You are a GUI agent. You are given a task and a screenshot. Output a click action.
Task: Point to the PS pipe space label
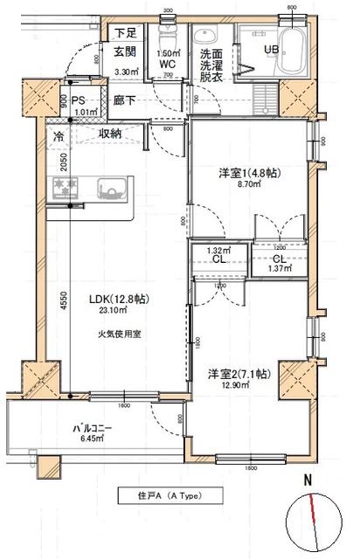pos(77,101)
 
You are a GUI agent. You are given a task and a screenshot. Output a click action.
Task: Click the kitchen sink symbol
pos(110,188)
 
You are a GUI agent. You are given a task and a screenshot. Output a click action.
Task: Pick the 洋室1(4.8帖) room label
pos(250,175)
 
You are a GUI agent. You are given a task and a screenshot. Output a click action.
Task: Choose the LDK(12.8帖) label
pos(120,300)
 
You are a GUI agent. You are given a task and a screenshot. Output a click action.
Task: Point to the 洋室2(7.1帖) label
pos(238,374)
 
